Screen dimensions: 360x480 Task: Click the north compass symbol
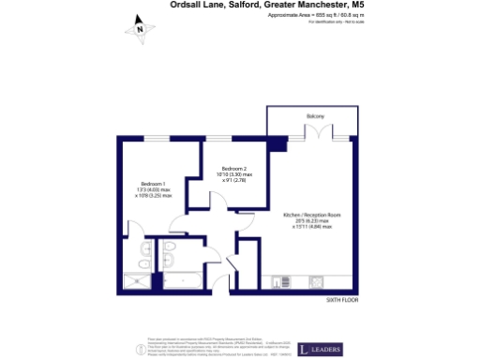[x=140, y=29]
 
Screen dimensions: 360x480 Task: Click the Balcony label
[x=314, y=116]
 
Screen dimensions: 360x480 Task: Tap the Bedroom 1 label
[x=153, y=183]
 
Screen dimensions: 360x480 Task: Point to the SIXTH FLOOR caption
[x=343, y=299]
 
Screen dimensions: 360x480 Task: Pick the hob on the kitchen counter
[x=317, y=281]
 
